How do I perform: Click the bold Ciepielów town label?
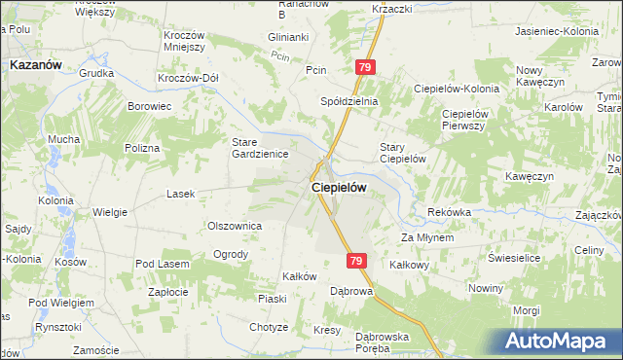[x=338, y=190]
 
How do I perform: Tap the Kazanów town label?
[x=35, y=64]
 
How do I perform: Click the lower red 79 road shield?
[x=356, y=261]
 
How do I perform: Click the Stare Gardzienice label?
[x=257, y=147]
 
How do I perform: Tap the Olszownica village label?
[x=235, y=225]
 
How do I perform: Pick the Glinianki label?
[x=288, y=37]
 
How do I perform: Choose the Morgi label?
[x=527, y=310]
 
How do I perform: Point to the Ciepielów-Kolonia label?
[x=456, y=89]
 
